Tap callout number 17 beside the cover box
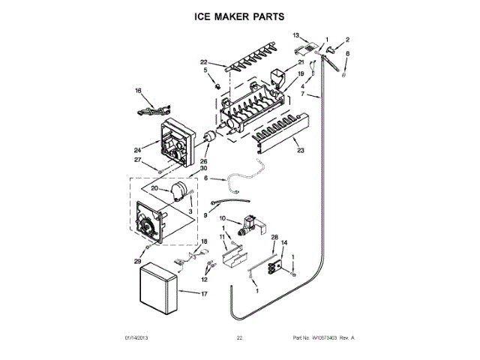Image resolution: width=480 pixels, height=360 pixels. (204, 293)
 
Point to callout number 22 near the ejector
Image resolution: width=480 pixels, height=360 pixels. (203, 61)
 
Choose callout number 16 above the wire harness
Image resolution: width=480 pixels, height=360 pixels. (138, 91)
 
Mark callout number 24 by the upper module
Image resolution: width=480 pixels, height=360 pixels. (137, 148)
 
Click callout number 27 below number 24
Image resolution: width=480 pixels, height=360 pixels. (137, 160)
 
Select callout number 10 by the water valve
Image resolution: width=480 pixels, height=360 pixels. (222, 218)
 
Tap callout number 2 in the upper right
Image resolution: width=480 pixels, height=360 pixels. (347, 40)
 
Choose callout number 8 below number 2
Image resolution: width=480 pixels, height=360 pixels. (347, 53)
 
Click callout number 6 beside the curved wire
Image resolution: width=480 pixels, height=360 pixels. (205, 178)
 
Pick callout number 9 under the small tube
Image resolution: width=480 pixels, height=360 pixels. (205, 214)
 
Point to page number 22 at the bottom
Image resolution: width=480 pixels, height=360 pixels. (239, 338)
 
